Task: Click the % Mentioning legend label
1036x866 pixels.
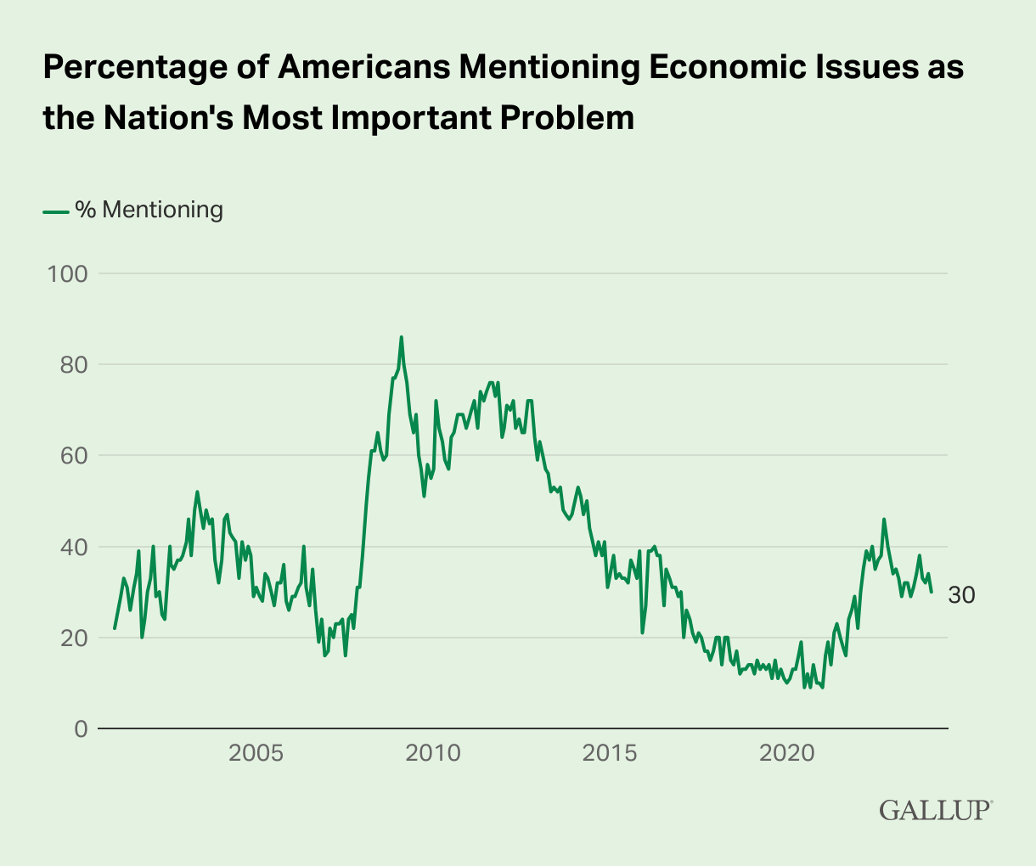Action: (149, 210)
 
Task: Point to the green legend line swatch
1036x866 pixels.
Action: (55, 211)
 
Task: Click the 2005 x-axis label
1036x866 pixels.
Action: (256, 753)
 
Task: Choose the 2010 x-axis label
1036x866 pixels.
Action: (434, 753)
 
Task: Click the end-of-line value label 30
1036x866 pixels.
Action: (961, 596)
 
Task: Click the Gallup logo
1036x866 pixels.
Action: (935, 809)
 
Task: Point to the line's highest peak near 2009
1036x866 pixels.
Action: (402, 337)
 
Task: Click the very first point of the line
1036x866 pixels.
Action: (114, 629)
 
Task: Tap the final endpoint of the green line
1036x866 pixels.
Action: (932, 592)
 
